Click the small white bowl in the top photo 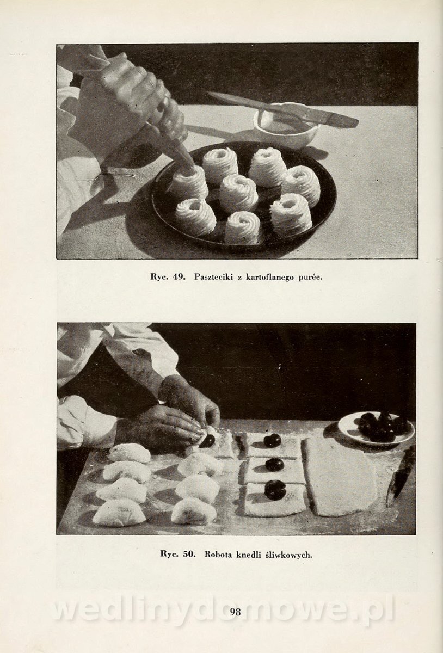pyautogui.click(x=284, y=125)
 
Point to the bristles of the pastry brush pyautogui.click(x=344, y=120)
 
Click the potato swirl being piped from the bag pyautogui.click(x=189, y=182)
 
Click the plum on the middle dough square pyautogui.click(x=275, y=464)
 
